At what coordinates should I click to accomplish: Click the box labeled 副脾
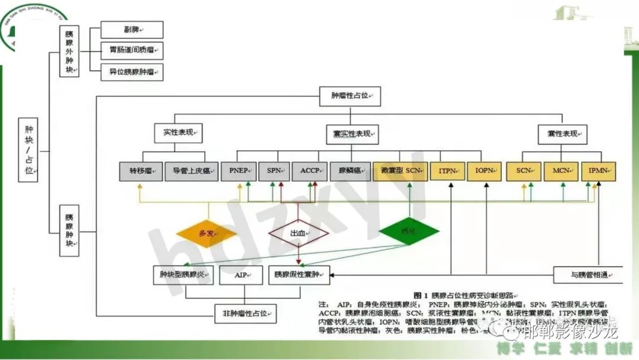click(132, 30)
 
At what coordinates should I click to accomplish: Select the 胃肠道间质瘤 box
click(132, 51)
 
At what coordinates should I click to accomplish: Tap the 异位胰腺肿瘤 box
click(132, 72)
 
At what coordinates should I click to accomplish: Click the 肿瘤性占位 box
click(350, 96)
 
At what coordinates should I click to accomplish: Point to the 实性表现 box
click(178, 133)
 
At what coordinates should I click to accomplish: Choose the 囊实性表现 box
click(352, 134)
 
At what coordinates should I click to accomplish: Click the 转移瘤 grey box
click(141, 171)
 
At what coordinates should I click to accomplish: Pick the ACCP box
click(309, 171)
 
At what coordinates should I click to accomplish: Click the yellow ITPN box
click(447, 171)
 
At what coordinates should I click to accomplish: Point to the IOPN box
click(485, 171)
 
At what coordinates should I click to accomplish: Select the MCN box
click(561, 171)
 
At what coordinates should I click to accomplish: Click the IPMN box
click(598, 171)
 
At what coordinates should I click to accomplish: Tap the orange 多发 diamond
click(206, 232)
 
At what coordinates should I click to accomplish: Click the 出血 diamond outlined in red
click(298, 233)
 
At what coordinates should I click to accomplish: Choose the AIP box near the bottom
click(241, 275)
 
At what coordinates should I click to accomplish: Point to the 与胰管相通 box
click(588, 275)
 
